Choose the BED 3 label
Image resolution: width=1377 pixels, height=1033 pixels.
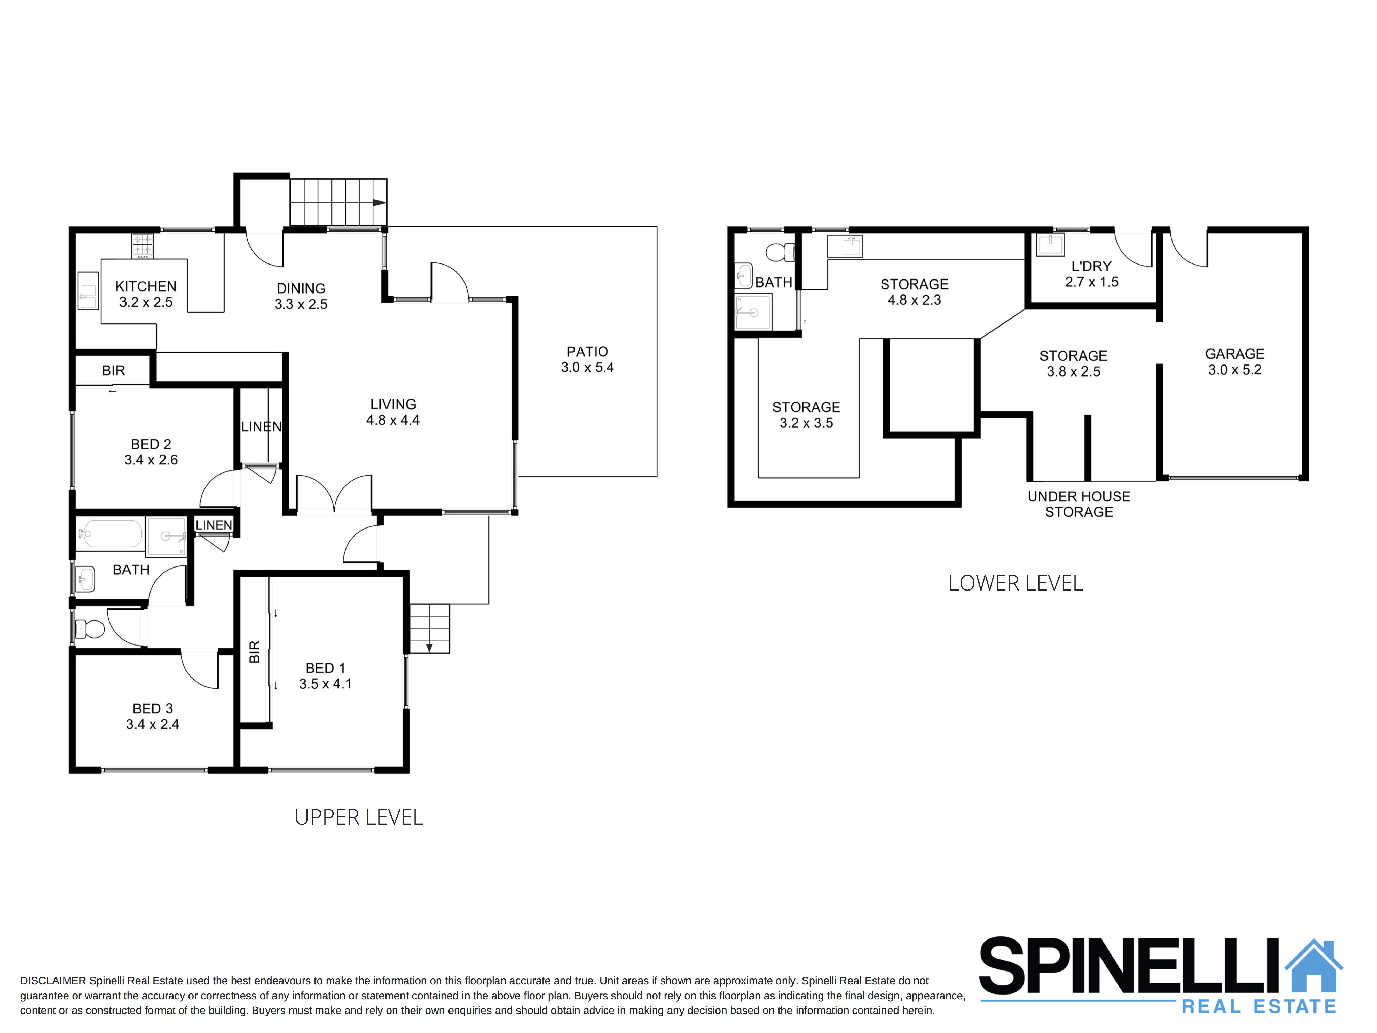(x=153, y=709)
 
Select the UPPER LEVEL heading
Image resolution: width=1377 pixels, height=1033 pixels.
(x=359, y=817)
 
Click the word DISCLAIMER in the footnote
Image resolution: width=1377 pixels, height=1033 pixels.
(x=53, y=981)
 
